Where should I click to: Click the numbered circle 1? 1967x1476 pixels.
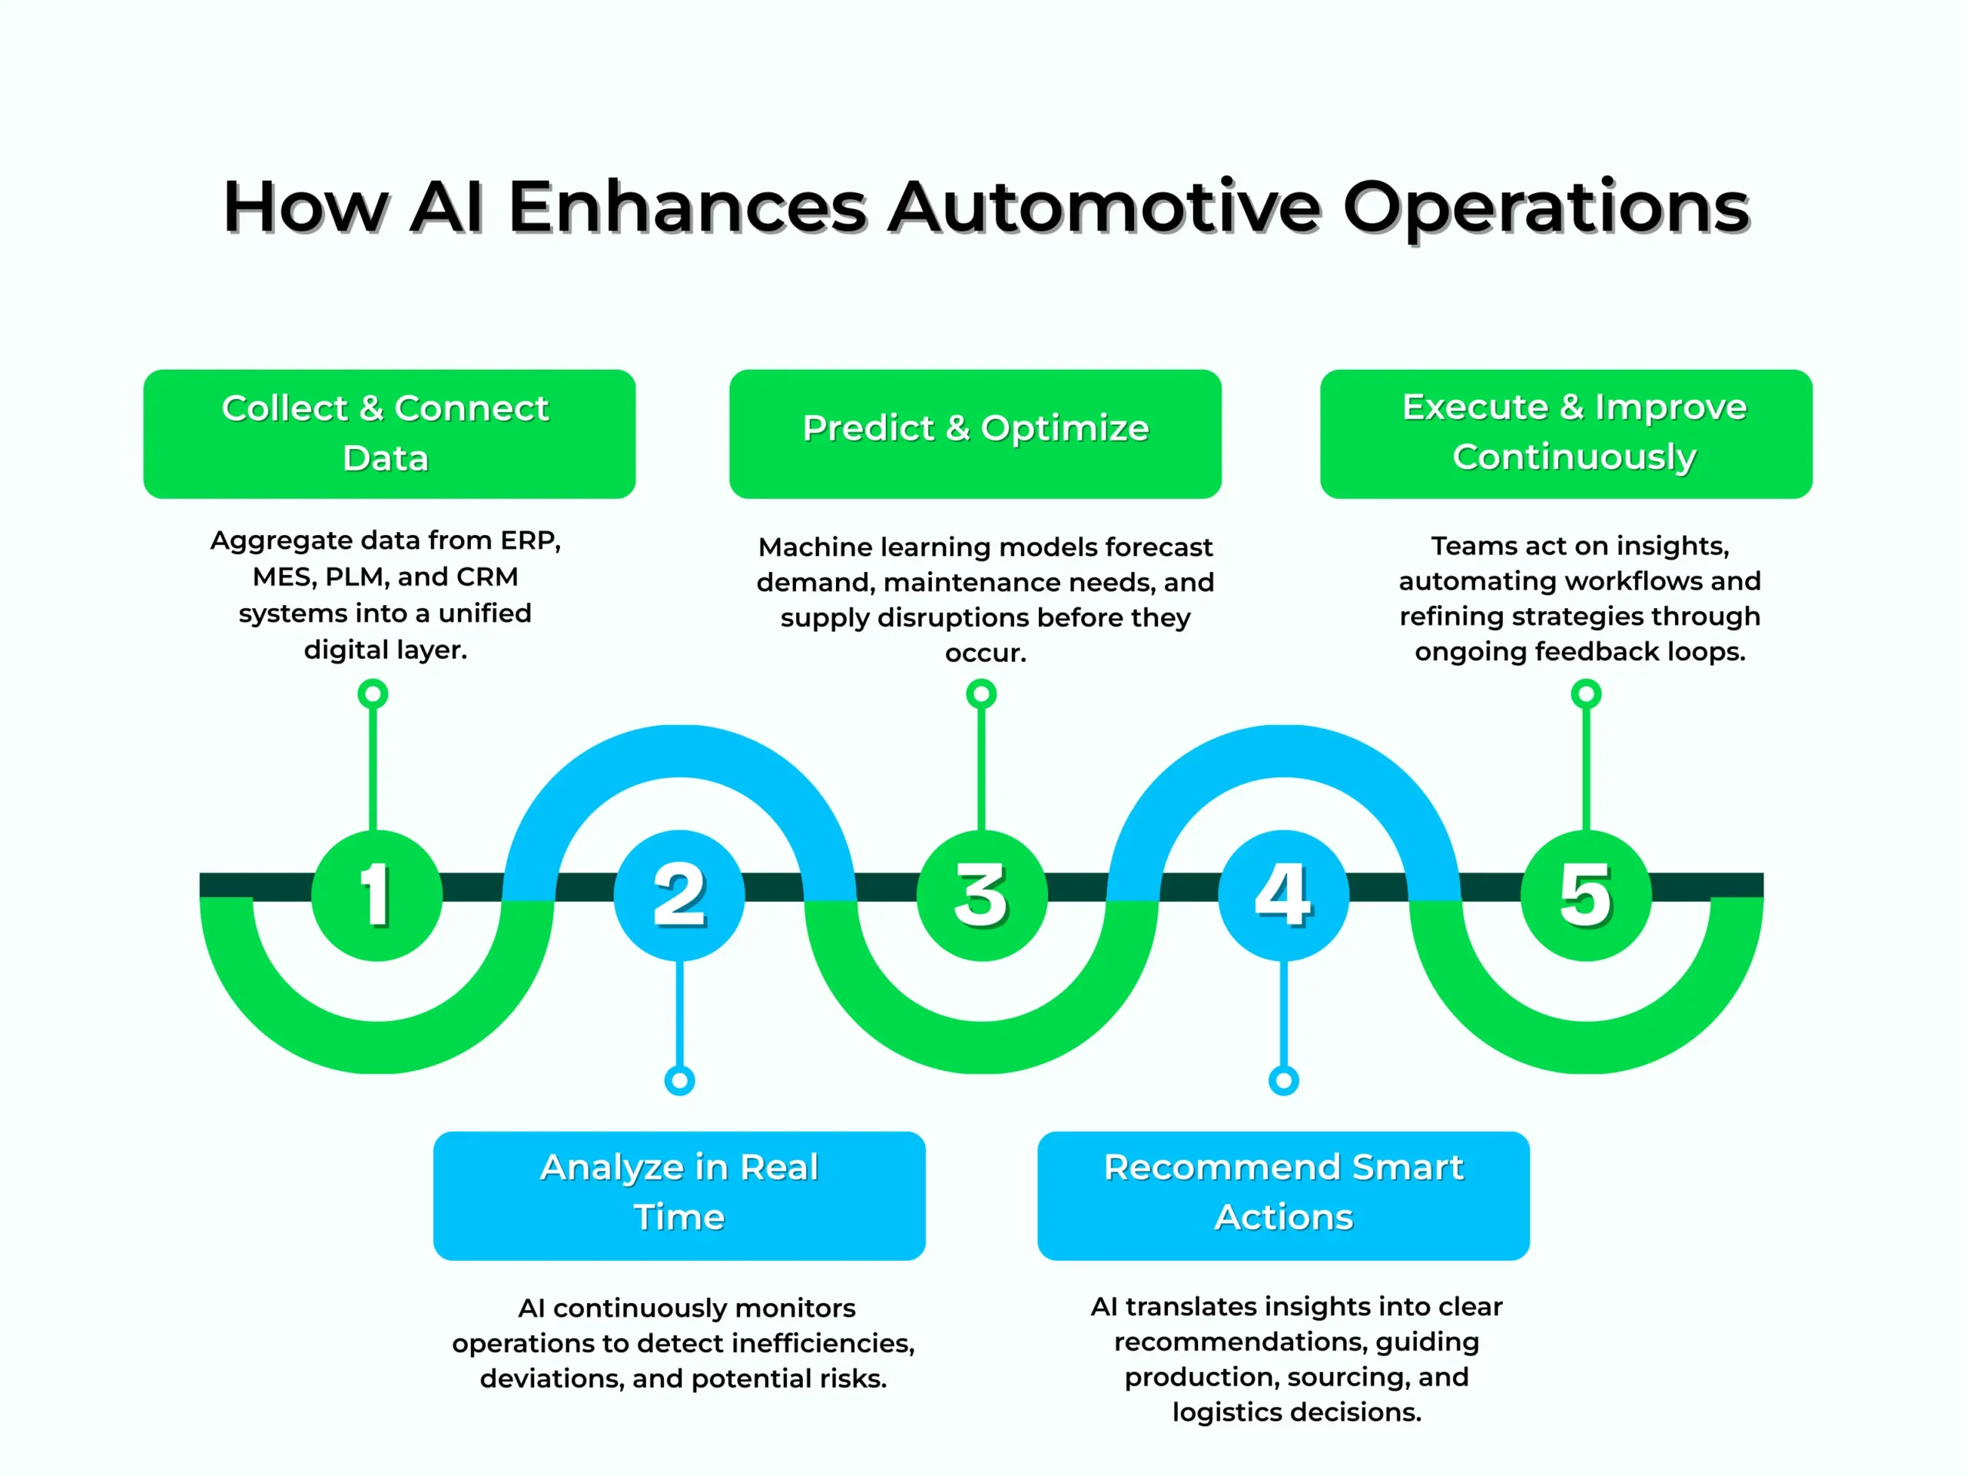[x=376, y=895]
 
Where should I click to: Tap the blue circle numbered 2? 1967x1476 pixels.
[x=679, y=895]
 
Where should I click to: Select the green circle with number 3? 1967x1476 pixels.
[x=982, y=895]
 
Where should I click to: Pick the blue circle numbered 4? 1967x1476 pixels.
[x=1283, y=895]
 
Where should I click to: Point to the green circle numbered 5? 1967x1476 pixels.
[x=1586, y=895]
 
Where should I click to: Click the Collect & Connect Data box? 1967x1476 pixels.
[x=389, y=434]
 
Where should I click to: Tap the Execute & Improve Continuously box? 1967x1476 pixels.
[x=1566, y=434]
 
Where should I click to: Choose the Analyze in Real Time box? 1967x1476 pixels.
[x=679, y=1195]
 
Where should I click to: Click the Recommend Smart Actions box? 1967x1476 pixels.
[x=1283, y=1195]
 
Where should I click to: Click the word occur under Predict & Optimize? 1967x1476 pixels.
[x=984, y=654]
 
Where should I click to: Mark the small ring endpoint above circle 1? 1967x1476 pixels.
[x=373, y=693]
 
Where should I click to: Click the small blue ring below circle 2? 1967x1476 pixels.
[x=679, y=1081]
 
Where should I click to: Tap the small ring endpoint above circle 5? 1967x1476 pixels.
[x=1586, y=693]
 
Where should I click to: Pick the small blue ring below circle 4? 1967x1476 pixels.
[x=1283, y=1081]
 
